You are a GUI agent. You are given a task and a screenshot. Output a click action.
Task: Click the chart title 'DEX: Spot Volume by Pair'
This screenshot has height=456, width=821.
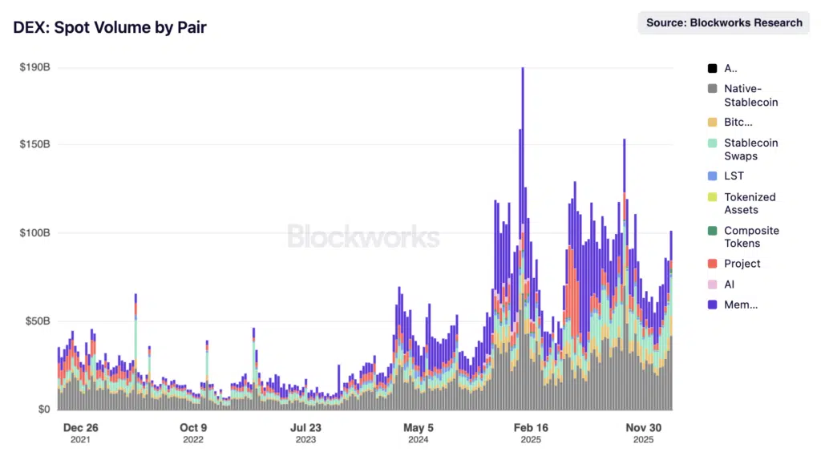tap(110, 27)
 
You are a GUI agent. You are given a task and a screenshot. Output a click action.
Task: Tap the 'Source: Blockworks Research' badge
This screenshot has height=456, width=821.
tap(724, 23)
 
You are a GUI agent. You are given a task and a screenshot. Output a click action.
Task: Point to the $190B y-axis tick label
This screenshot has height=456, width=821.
tap(35, 67)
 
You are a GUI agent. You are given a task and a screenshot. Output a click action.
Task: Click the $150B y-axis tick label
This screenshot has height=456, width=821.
tap(35, 145)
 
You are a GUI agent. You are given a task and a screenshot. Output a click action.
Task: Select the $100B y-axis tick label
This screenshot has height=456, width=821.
tap(35, 233)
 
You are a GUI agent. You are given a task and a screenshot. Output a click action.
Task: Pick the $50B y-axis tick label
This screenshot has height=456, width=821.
tap(35, 321)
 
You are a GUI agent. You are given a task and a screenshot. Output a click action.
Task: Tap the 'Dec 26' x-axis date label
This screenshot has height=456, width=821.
tap(81, 428)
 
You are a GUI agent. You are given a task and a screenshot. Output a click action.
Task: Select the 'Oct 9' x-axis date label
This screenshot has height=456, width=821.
tap(193, 428)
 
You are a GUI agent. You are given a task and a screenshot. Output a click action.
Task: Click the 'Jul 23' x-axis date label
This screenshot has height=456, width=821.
tap(305, 428)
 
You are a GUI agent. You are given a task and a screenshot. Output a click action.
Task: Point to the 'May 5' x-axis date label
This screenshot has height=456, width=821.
tap(418, 428)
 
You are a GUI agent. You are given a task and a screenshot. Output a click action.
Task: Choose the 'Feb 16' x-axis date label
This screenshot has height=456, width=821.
tap(530, 428)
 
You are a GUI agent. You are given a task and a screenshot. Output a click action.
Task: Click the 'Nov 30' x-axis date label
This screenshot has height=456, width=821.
tap(642, 428)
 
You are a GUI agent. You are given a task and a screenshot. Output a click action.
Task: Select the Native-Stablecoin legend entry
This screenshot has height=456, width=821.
tap(750, 95)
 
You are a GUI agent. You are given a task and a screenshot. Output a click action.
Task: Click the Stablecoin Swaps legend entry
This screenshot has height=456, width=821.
tap(750, 149)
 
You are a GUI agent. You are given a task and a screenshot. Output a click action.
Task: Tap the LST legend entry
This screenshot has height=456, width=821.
tap(734, 176)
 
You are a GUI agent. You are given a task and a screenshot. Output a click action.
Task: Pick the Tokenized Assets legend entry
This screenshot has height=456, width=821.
tap(750, 203)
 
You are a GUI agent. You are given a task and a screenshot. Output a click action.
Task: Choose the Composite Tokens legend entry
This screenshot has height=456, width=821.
tap(751, 236)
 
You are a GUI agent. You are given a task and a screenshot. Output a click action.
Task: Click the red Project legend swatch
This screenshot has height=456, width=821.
tap(712, 264)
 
